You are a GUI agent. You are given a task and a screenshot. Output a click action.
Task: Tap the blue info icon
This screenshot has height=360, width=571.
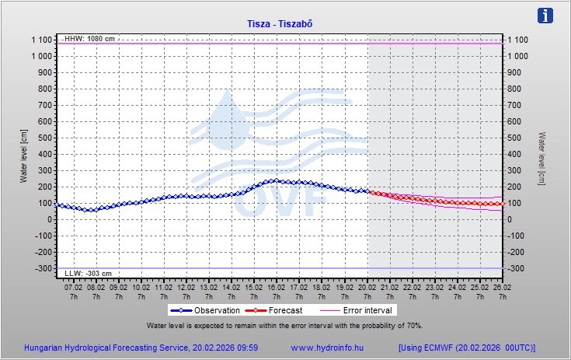[546, 16]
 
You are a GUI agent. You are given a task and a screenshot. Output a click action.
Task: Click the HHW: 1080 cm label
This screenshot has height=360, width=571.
[89, 38]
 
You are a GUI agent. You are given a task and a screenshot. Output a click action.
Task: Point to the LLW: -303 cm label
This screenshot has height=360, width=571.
[88, 274]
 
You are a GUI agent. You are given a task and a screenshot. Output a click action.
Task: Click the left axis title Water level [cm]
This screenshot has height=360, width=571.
[24, 156]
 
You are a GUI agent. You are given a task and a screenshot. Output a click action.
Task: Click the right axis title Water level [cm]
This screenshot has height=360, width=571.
[541, 156]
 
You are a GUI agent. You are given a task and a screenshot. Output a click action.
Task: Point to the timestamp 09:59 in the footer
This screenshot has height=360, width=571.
[246, 348]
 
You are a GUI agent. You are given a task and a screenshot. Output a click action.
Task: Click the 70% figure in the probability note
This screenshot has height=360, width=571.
[413, 325]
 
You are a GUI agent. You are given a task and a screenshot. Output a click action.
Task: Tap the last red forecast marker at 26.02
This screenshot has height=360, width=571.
[503, 204]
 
